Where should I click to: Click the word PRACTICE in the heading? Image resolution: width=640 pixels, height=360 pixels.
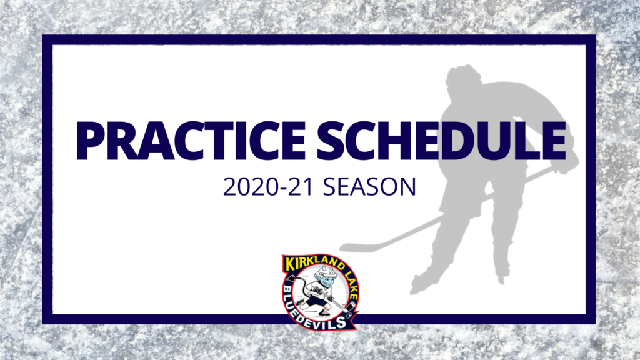coord(191,141)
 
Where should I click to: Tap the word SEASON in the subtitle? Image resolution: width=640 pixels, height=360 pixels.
coord(369,187)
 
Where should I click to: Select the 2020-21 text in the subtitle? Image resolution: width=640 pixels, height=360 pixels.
coord(268,187)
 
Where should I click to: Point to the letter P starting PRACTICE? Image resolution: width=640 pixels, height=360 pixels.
coord(90,141)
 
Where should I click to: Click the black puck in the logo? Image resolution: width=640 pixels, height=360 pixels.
coord(349,315)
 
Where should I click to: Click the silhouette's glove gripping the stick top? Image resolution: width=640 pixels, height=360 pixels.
coord(563,162)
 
